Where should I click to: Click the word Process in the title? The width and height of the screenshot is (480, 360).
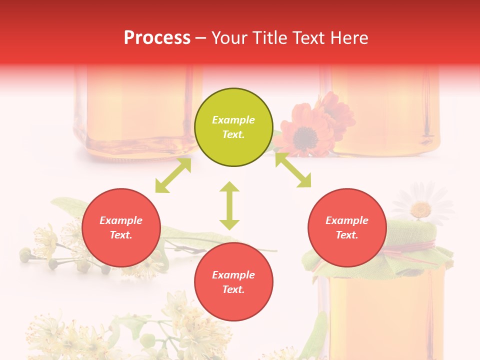tap(157, 38)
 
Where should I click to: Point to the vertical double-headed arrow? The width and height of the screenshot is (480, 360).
tap(229, 205)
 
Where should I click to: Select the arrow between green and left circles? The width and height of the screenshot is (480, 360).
tap(173, 175)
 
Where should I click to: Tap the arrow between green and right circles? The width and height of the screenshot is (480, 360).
tap(293, 170)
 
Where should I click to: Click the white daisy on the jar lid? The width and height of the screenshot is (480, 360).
tap(422, 202)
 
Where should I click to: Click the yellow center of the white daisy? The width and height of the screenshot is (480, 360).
tap(421, 208)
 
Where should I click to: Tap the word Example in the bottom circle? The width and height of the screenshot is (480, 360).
tap(233, 275)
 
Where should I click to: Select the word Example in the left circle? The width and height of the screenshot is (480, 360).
tap(121, 220)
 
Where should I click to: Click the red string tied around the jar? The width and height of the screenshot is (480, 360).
tap(420, 247)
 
